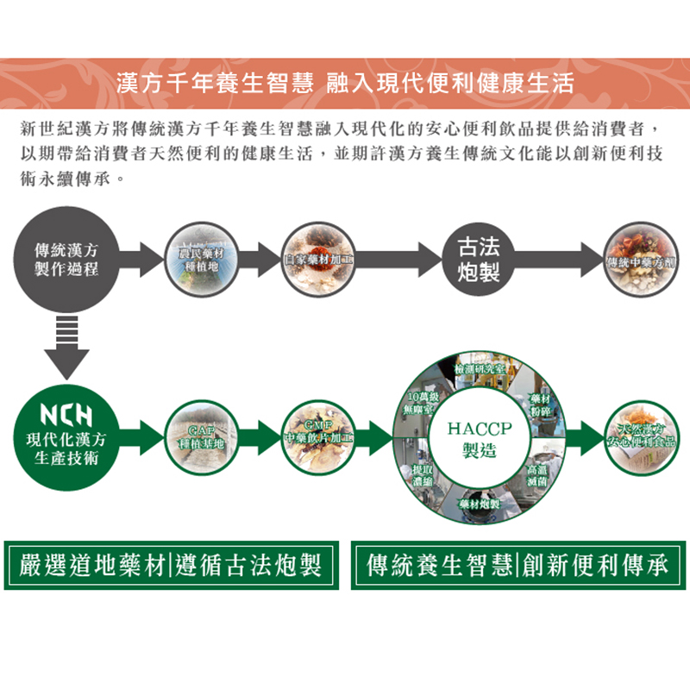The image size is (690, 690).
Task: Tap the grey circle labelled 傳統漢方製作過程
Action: (x=66, y=259)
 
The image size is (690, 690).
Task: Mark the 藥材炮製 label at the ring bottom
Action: (x=480, y=503)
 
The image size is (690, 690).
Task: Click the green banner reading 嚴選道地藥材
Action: (x=94, y=566)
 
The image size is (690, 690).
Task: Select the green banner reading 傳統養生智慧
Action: (x=439, y=566)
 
